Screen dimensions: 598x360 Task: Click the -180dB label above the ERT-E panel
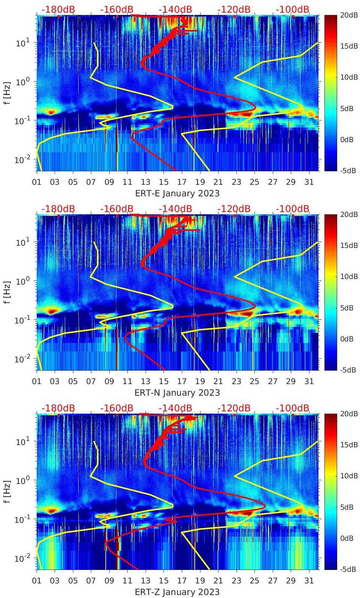click(58, 9)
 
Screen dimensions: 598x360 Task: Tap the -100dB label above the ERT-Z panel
click(293, 408)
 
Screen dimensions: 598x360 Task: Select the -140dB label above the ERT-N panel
click(175, 209)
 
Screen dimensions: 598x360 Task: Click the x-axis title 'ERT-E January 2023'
click(177, 193)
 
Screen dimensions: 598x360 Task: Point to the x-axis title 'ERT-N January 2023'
click(177, 393)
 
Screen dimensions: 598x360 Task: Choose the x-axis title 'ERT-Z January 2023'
click(177, 592)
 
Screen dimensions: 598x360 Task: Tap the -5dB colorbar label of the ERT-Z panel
click(348, 569)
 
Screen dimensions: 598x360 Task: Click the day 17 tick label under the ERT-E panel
click(182, 182)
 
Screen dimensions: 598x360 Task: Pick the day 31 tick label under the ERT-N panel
click(309, 381)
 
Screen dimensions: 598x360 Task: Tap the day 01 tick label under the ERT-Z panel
click(37, 581)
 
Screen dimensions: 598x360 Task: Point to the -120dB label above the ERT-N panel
click(234, 209)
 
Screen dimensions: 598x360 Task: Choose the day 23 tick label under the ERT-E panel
click(236, 182)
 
